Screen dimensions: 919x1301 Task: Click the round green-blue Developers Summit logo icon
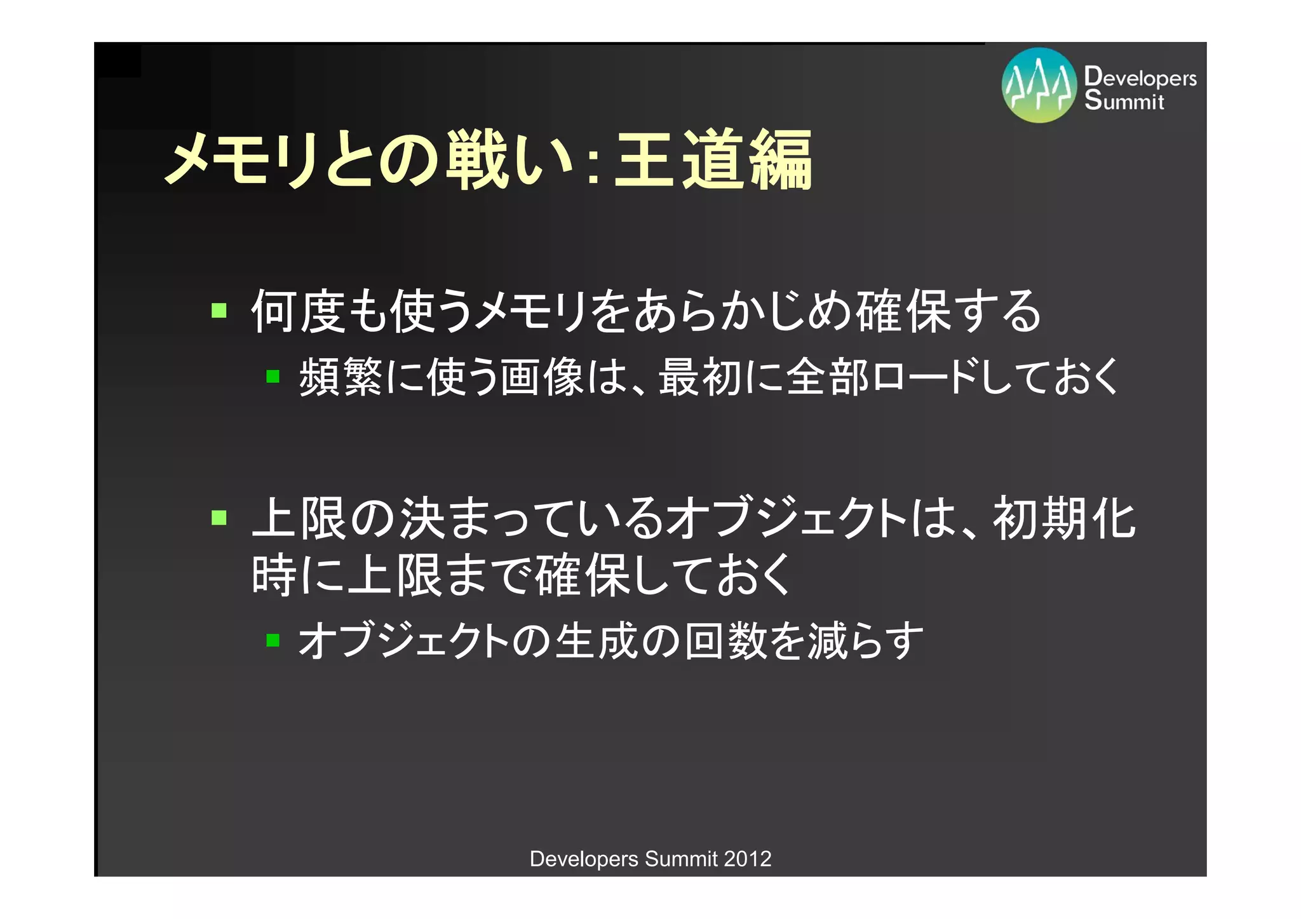1039,85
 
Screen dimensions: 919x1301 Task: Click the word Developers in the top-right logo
1140,77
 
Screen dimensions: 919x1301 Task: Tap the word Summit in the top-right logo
1124,100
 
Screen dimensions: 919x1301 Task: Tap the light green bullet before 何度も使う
219,311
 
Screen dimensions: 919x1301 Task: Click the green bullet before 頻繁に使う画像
273,377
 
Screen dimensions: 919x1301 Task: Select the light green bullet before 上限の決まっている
219,518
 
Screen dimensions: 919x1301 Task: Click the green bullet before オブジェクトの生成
273,640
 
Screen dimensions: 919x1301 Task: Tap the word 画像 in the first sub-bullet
542,377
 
